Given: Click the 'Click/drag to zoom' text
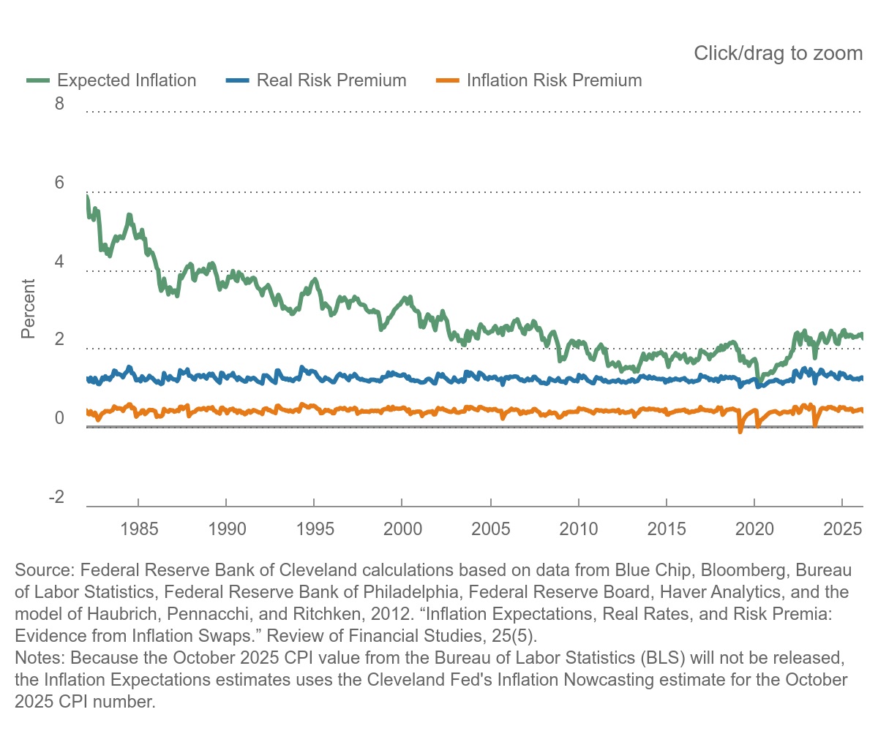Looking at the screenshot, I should coord(778,53).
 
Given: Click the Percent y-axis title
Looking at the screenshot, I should coord(28,308).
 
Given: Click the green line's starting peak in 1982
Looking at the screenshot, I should coord(87,197).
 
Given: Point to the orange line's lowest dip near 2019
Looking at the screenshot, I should coord(740,431).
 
